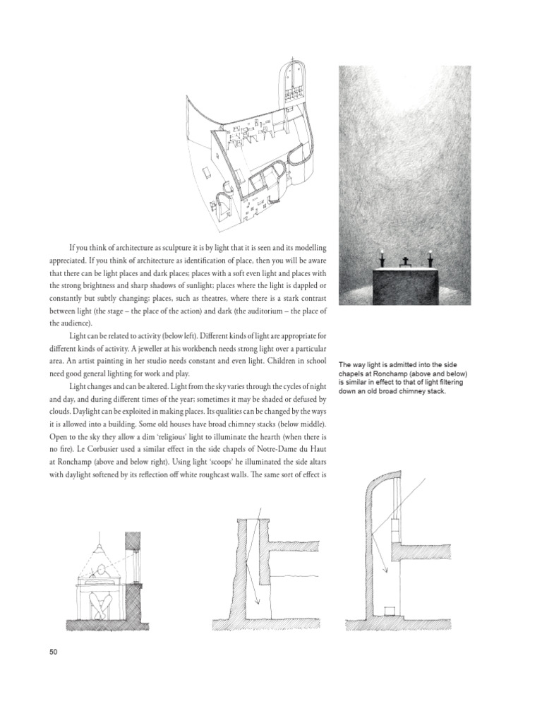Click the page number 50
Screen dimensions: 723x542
coord(52,651)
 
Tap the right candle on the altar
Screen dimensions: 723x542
coord(428,259)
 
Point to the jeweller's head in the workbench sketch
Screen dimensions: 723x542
coord(104,571)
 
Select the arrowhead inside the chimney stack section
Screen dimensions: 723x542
coord(258,602)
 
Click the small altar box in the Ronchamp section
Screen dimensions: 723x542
coord(387,610)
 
